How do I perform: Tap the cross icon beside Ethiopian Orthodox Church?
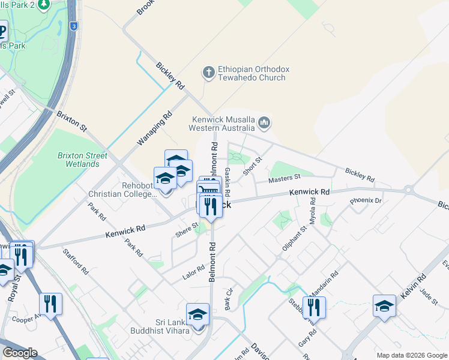point(208,73)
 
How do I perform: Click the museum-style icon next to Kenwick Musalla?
point(264,124)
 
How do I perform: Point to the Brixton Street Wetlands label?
point(82,160)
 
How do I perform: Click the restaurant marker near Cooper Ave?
point(50,305)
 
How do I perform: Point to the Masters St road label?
point(284,178)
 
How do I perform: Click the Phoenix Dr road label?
point(366,200)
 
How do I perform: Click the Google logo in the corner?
point(19,353)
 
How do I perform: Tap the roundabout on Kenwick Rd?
point(409,190)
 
